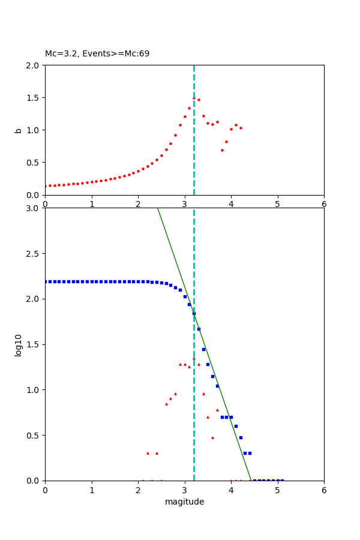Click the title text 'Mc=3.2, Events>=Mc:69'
97,54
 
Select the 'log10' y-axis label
18,344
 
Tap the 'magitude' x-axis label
184,502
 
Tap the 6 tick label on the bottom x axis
324,490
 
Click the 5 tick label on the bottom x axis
277,490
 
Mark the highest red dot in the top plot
194,98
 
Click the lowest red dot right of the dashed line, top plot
222,150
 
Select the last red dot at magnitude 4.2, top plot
241,128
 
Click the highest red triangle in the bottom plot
194,359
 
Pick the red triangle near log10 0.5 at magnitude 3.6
212,437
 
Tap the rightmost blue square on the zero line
282,481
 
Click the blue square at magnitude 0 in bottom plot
46,281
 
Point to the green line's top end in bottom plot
157,208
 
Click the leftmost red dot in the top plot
46,186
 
